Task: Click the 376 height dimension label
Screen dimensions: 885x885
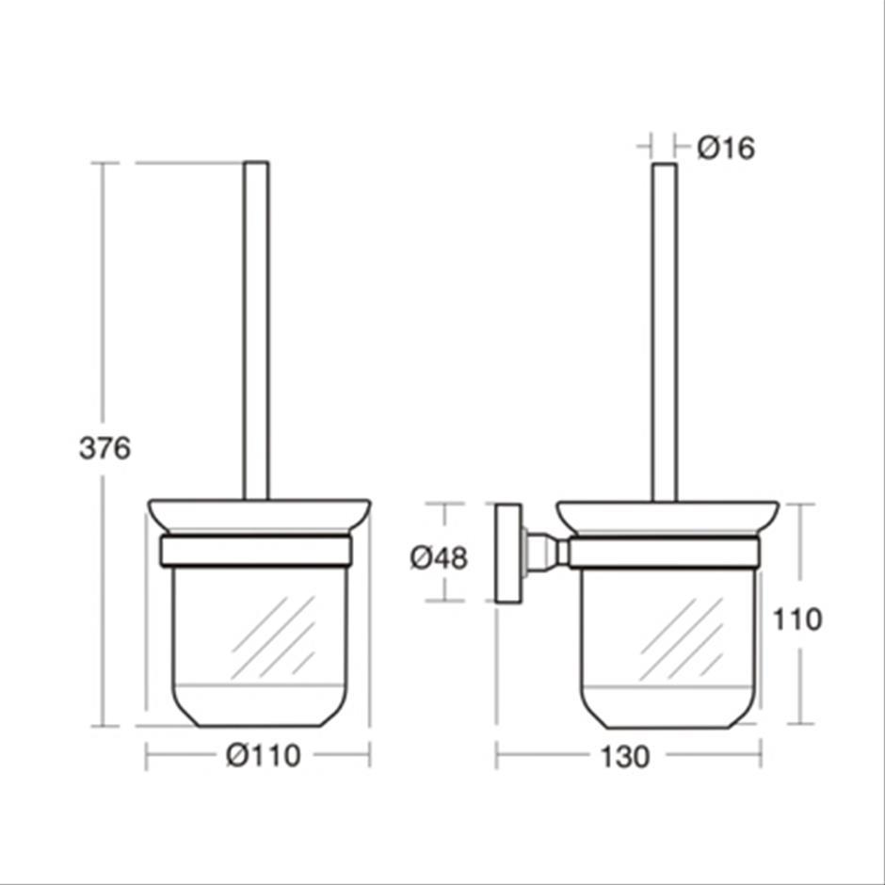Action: coord(105,448)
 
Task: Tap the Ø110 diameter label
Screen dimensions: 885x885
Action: coord(264,755)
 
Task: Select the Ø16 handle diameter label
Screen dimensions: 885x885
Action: coord(726,149)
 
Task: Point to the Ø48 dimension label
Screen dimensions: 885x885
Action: coord(439,558)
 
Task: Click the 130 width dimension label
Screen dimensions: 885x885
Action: coord(625,757)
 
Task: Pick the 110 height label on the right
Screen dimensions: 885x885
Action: coord(796,619)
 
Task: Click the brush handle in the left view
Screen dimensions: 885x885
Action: coord(256,330)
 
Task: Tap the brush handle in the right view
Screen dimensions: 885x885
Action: coord(665,331)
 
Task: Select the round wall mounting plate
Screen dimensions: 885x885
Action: coord(508,554)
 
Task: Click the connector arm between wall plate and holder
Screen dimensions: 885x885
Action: coord(546,553)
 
